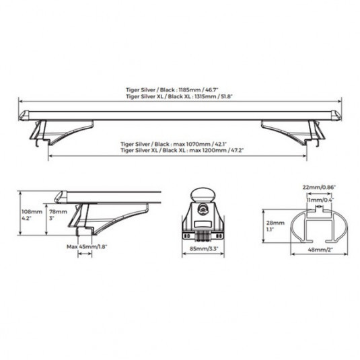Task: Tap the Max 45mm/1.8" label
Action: click(x=87, y=247)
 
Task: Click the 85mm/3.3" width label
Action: click(x=203, y=248)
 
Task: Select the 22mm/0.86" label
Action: click(x=319, y=187)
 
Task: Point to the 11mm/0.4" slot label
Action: click(x=320, y=200)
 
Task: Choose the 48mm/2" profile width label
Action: click(x=320, y=250)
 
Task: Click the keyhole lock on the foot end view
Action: click(x=203, y=209)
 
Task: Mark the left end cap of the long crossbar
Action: click(x=24, y=116)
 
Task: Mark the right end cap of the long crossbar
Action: click(x=336, y=116)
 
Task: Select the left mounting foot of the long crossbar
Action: click(x=61, y=133)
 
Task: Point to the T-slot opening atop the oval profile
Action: click(x=319, y=209)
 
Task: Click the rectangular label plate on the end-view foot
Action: click(x=203, y=224)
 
